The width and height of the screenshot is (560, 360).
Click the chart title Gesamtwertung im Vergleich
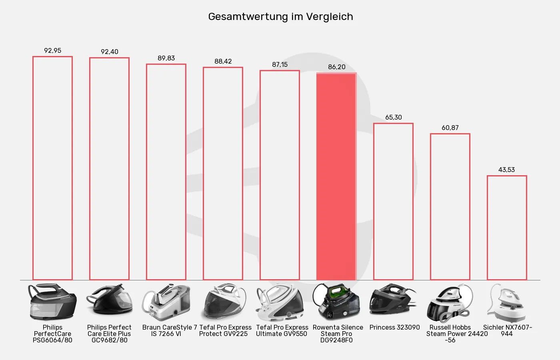pos(280,17)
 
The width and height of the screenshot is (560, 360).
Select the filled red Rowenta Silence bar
pos(336,176)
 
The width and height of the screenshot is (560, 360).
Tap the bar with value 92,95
pos(52,168)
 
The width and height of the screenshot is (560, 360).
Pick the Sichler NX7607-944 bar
pos(507,228)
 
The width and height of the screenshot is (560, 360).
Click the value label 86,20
pos(336,67)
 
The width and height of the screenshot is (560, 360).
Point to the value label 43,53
pos(506,170)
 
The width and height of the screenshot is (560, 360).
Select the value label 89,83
pos(166,58)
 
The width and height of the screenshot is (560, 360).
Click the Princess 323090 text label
pos(394,328)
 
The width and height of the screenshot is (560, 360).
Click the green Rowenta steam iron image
pos(336,302)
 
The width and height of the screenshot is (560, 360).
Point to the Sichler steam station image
pos(506,303)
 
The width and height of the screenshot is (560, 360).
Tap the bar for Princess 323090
pos(393,202)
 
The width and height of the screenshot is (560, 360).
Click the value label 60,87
pos(450,128)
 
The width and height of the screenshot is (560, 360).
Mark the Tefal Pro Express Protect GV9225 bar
pos(223,174)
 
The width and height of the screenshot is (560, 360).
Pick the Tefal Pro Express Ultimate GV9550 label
pos(282,330)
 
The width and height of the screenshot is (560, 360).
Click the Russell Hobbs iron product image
pos(450,303)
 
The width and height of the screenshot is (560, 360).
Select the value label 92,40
pos(109,52)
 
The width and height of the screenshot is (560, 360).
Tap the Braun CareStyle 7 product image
pos(166,303)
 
